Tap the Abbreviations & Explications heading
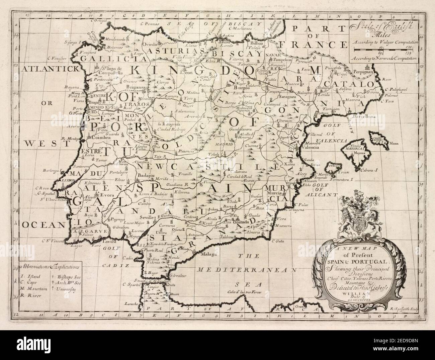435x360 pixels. pos(49,267)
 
